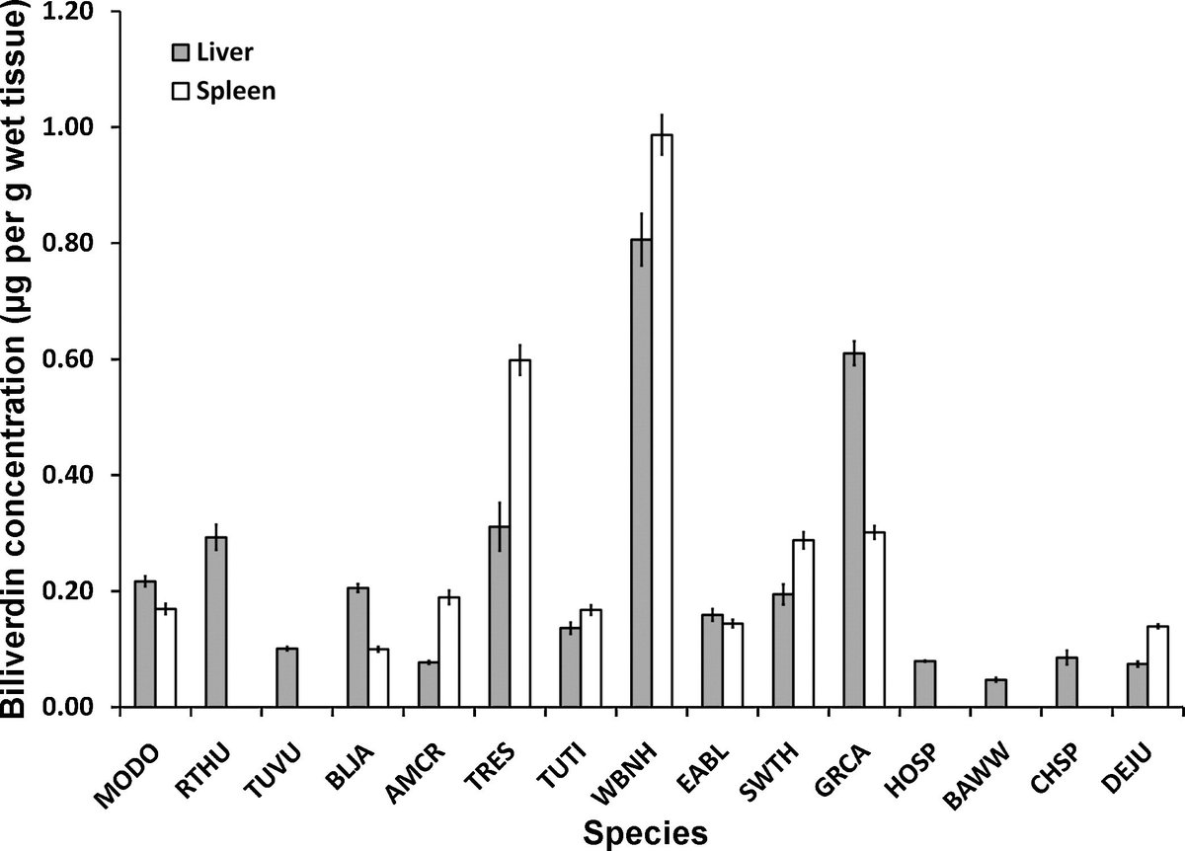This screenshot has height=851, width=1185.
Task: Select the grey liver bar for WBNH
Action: click(641, 474)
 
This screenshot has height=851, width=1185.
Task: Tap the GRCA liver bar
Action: click(854, 530)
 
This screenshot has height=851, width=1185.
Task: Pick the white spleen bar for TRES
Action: click(519, 534)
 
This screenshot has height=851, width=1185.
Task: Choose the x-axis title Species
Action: click(645, 831)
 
